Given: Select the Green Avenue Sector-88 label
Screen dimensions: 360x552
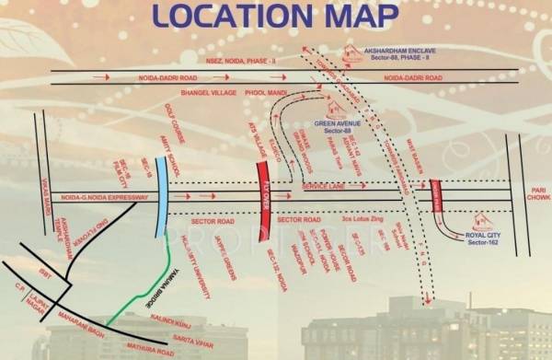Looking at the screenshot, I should [x=337, y=126].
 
